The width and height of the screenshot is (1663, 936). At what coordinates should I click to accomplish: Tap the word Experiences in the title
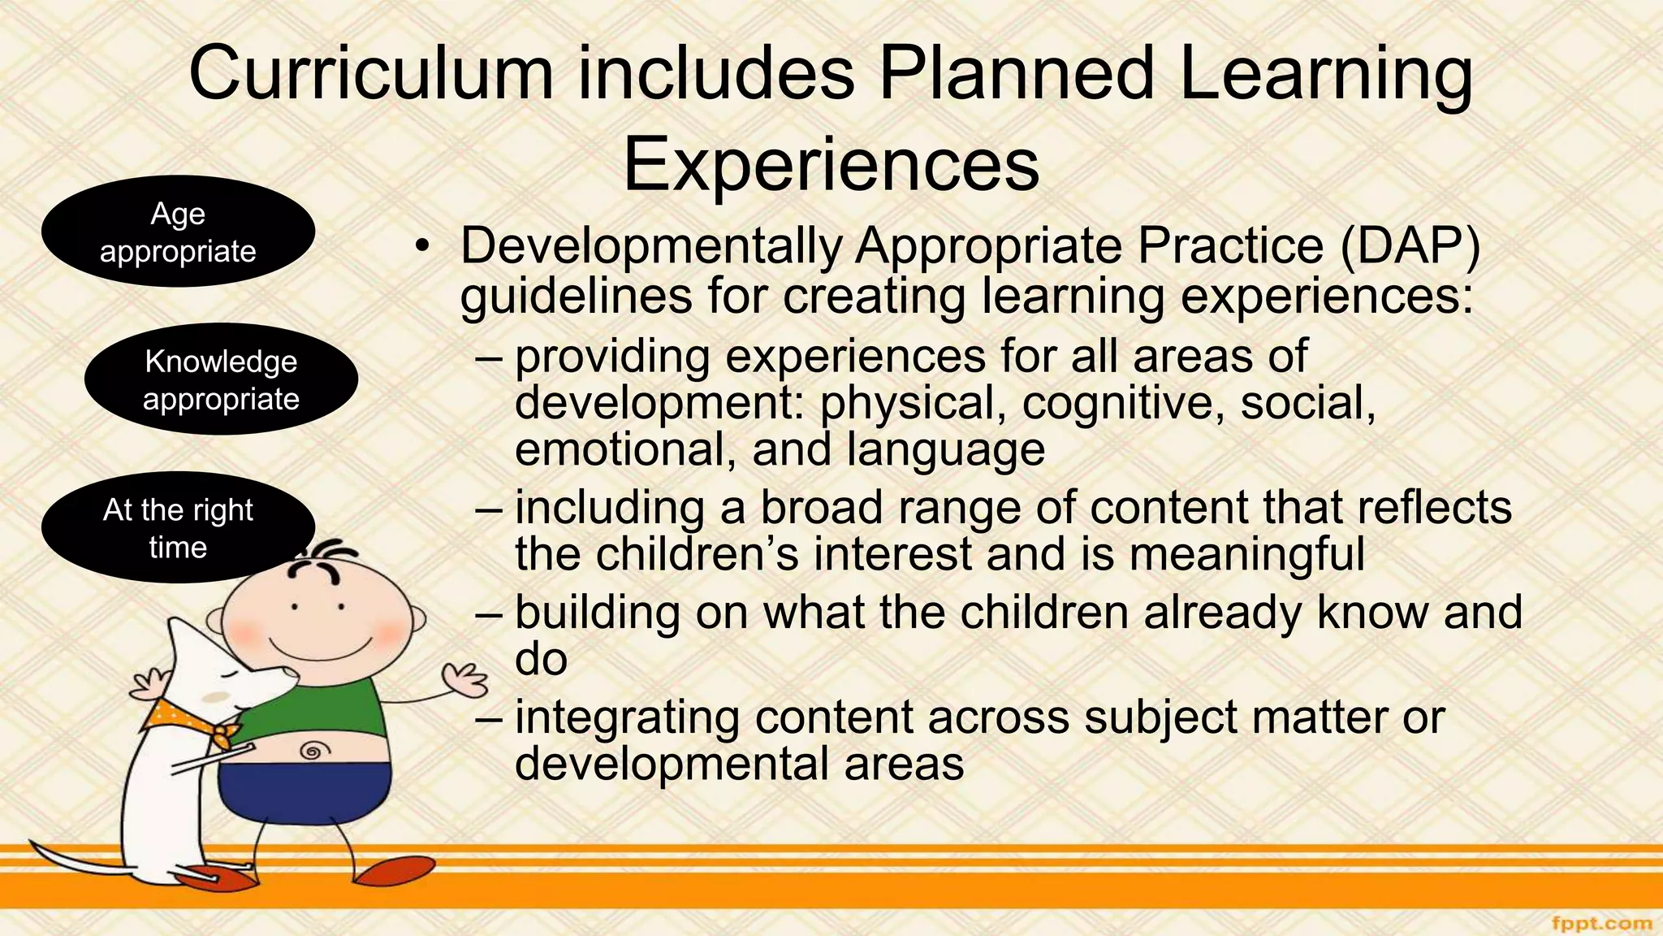coord(831,164)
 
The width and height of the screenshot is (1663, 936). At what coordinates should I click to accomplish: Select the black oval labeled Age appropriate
coord(178,232)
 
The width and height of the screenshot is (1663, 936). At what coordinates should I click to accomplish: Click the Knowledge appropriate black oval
coord(221,379)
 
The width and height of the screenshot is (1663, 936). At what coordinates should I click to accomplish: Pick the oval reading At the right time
coord(178,528)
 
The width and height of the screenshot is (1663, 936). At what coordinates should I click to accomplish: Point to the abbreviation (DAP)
coord(1410,245)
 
